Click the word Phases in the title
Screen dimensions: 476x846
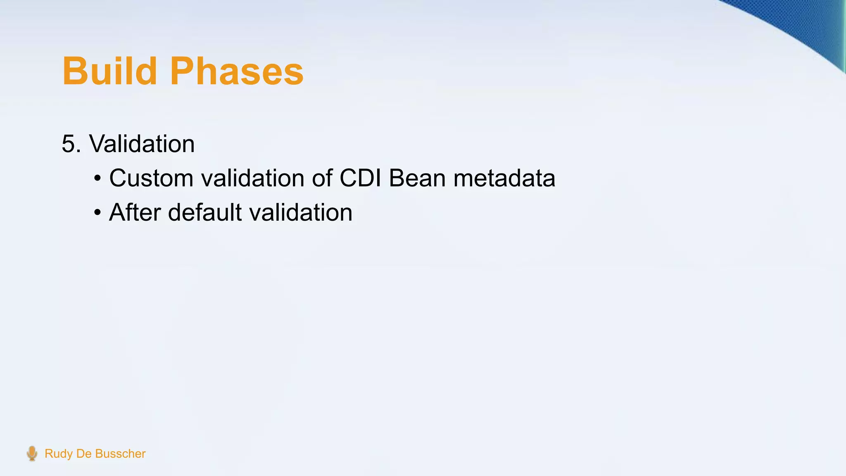tap(236, 71)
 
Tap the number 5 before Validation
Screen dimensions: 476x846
tap(70, 144)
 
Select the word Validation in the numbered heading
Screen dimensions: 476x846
tap(142, 144)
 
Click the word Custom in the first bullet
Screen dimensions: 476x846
tap(151, 178)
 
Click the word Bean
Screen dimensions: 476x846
tap(417, 178)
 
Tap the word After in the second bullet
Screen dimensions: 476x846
tap(135, 212)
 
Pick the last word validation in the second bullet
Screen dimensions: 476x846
tap(301, 212)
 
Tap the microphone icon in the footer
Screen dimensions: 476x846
tap(32, 453)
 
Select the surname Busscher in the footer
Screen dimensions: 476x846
tap(120, 454)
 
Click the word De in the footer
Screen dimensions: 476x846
tap(83, 454)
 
